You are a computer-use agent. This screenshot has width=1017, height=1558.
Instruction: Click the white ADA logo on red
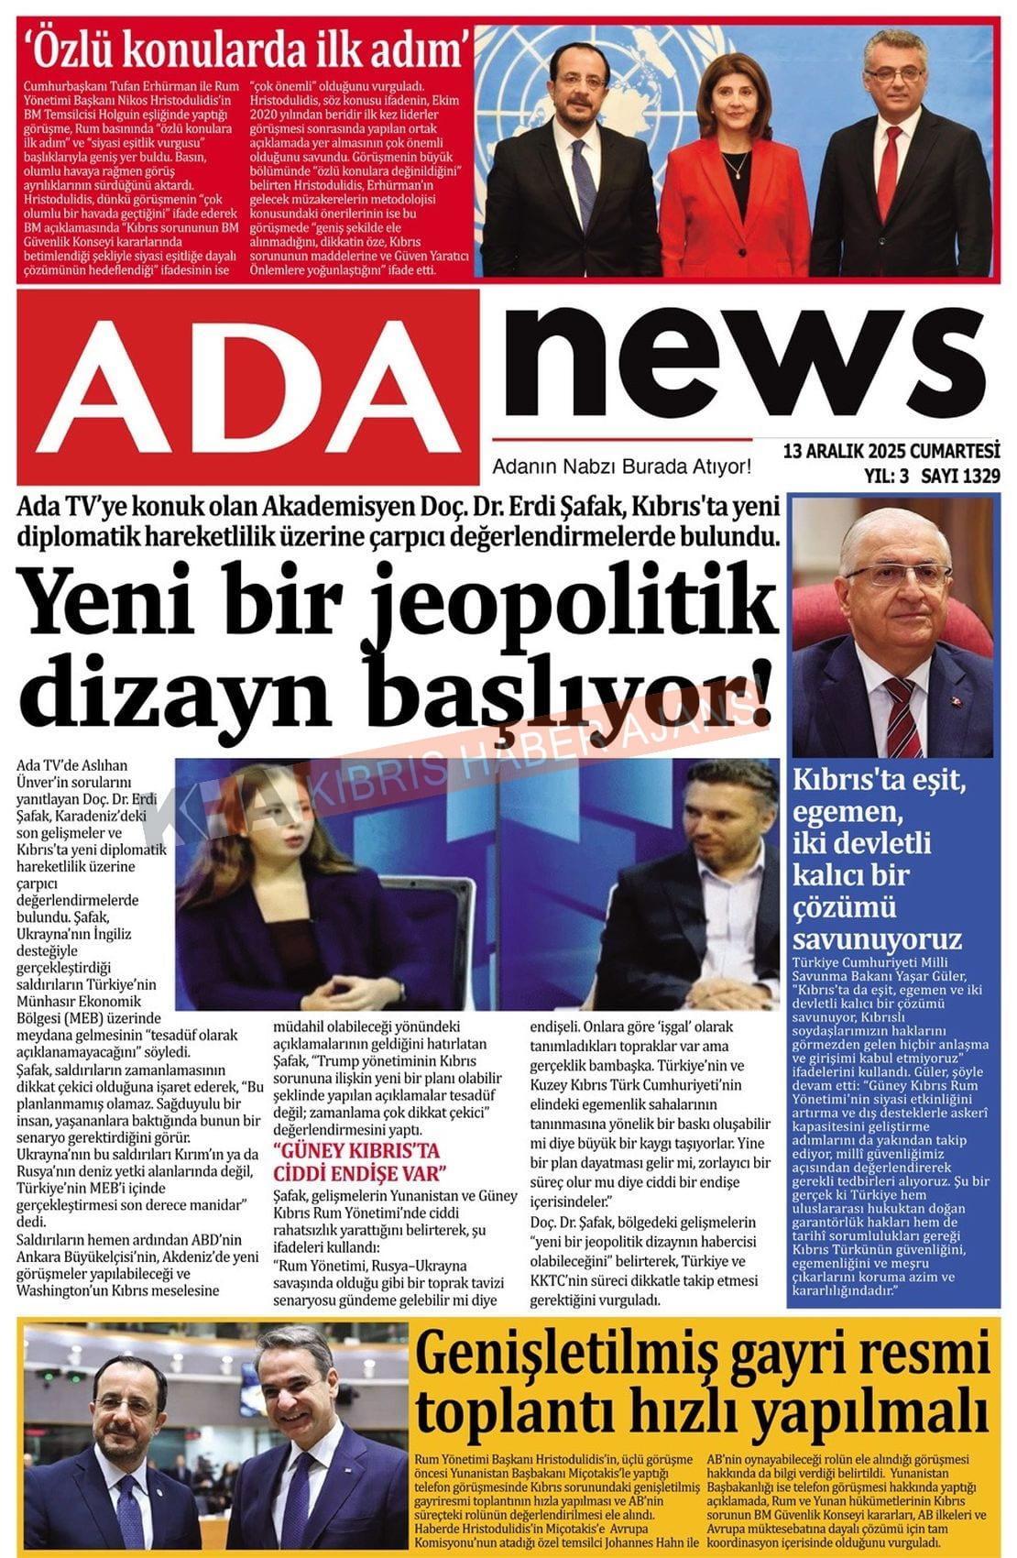pyautogui.click(x=247, y=385)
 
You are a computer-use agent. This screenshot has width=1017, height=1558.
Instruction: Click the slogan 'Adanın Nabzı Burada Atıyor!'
pyautogui.click(x=622, y=466)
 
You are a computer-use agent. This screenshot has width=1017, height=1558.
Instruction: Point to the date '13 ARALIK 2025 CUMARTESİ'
pyautogui.click(x=891, y=451)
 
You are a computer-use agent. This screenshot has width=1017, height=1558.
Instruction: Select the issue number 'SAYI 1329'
pyautogui.click(x=960, y=476)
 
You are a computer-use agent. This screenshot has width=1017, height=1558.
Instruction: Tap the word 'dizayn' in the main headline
pyautogui.click(x=174, y=692)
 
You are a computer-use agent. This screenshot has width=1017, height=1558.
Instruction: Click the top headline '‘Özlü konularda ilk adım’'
pyautogui.click(x=248, y=48)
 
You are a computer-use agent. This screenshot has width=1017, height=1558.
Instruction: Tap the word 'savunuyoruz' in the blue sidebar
pyautogui.click(x=877, y=938)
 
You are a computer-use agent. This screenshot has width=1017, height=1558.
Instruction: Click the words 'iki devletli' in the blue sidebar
pyautogui.click(x=861, y=843)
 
